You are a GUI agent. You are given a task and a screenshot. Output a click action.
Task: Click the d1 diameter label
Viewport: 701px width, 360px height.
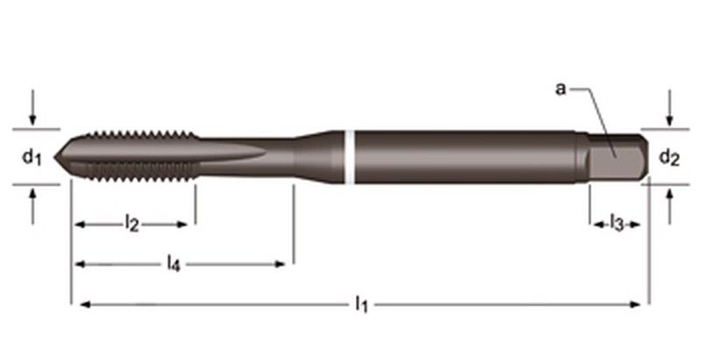32,158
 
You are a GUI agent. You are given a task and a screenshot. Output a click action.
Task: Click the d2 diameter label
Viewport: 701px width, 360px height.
669,158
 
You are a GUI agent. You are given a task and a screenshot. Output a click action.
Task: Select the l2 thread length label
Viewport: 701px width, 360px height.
131,222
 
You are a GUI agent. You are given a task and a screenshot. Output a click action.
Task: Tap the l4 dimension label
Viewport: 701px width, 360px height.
173,263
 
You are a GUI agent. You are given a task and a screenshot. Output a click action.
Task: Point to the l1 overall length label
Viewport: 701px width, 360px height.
361,304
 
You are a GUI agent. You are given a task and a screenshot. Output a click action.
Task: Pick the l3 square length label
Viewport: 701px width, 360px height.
617,222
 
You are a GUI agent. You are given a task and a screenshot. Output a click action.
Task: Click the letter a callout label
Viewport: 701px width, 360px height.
560,88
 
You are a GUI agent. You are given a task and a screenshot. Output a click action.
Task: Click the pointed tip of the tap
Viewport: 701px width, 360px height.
55,157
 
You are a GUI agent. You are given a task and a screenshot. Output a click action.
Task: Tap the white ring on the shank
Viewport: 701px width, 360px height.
350,157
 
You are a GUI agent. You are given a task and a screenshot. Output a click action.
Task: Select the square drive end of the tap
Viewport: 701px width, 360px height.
618,157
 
